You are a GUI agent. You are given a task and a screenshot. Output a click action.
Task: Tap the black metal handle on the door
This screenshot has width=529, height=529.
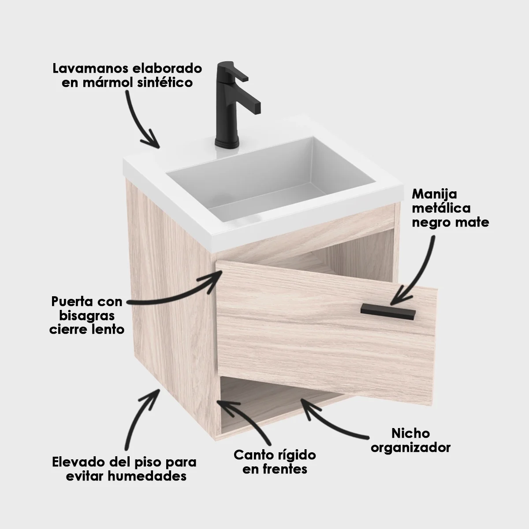click(x=388, y=310)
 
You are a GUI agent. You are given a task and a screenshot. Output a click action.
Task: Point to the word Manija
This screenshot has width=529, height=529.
click(x=428, y=194)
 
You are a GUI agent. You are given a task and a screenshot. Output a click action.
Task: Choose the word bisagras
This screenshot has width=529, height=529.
click(x=86, y=316)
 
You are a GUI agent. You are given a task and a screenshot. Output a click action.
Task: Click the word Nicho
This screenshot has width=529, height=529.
click(x=410, y=433)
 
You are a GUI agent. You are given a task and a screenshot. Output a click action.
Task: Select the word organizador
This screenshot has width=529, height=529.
click(x=410, y=447)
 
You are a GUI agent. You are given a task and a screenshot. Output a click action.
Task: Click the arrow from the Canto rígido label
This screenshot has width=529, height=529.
click(x=247, y=419)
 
